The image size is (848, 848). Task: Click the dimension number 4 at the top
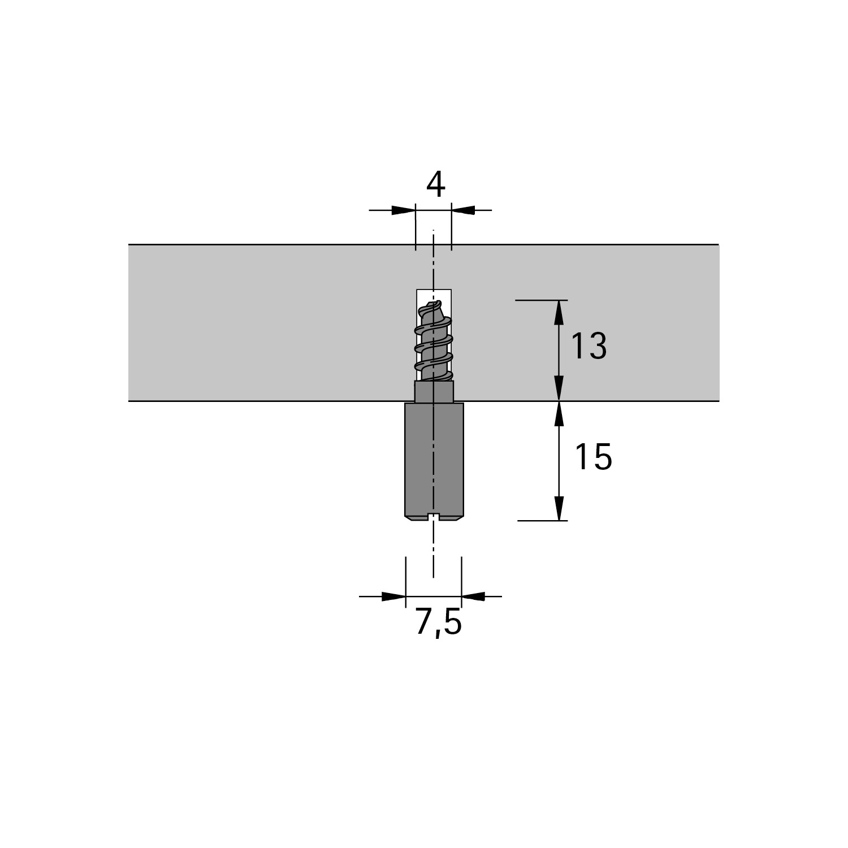coord(436,184)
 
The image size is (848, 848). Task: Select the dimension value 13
coord(589,346)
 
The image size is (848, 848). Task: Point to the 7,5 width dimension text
coord(439,623)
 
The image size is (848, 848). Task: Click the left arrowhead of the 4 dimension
coord(404,210)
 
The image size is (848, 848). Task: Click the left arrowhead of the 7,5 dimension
coord(394,596)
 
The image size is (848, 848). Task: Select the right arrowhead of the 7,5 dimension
coord(473,596)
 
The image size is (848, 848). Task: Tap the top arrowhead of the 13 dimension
coord(559,312)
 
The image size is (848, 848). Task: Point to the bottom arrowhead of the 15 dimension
coord(559,508)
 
